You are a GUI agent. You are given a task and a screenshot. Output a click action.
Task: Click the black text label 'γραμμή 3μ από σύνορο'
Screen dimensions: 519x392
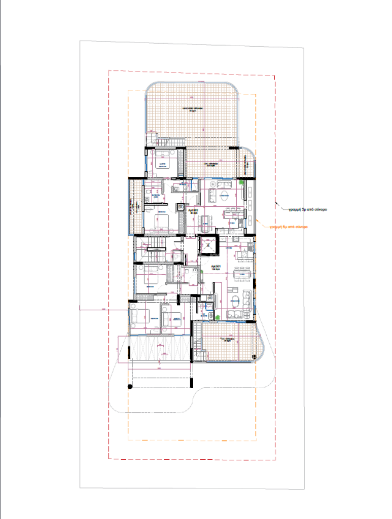[x=304, y=208]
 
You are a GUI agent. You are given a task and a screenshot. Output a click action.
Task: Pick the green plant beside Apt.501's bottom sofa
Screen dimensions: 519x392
[x=218, y=317]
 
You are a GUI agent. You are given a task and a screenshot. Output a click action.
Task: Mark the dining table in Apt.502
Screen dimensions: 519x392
[x=205, y=220]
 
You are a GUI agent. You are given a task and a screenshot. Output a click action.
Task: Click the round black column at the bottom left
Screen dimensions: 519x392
[x=130, y=387]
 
